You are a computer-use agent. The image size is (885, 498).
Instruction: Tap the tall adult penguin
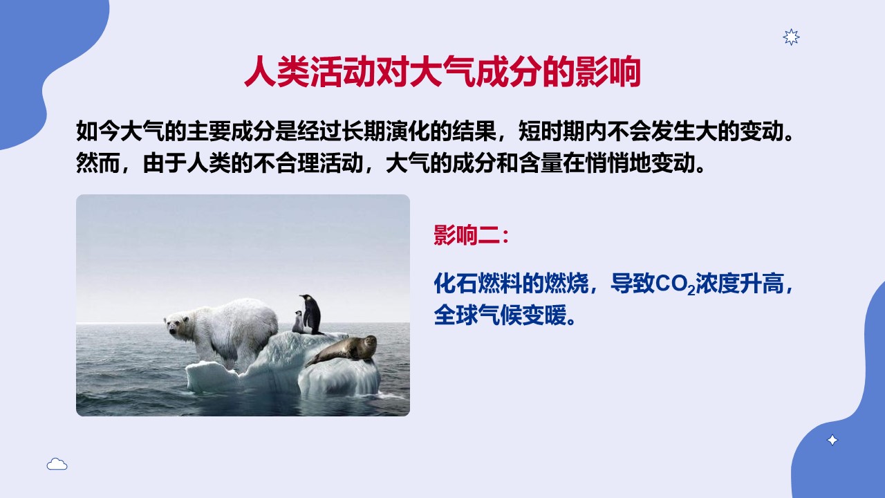point(311,314)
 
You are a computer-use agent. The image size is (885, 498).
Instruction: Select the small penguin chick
point(298,322)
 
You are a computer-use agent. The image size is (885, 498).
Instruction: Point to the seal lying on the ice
point(343,350)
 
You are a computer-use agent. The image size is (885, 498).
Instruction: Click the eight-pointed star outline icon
point(791,37)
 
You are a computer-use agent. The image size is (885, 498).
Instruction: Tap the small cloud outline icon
point(57,464)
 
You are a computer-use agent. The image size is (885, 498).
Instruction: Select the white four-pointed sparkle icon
point(832,440)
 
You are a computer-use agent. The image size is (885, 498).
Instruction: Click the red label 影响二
point(467,234)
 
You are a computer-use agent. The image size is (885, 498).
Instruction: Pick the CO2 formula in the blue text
point(676,284)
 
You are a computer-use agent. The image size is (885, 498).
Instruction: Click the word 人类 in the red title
point(277,71)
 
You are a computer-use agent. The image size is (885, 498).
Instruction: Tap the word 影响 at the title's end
point(608,71)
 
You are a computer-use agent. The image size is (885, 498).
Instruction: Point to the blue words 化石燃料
point(478,284)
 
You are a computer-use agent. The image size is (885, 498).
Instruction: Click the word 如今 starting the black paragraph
point(97,131)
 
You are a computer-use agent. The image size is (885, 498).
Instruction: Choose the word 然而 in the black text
point(97,163)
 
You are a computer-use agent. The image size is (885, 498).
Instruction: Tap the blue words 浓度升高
point(740,284)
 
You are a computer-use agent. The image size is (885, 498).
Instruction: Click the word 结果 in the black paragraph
point(474,131)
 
